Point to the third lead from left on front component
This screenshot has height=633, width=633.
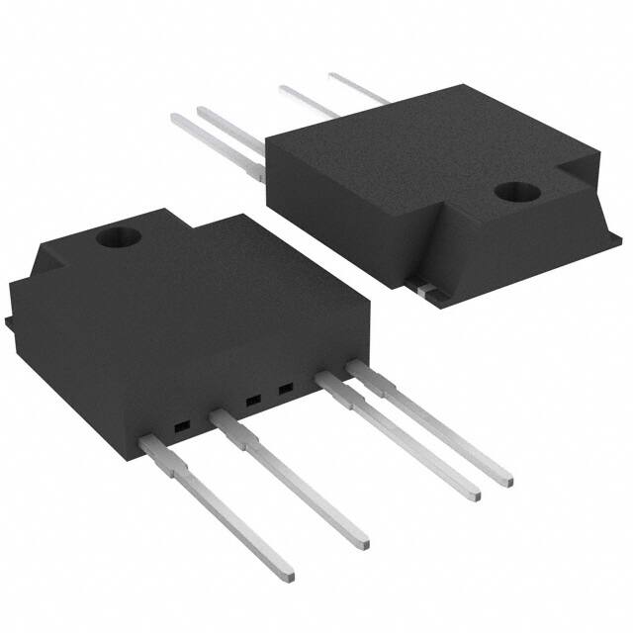point(401,439)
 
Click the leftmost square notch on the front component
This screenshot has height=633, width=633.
point(181,428)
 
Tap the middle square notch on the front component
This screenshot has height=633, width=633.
point(251,401)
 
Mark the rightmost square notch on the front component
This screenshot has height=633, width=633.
point(286,389)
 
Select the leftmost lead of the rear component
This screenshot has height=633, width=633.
point(213,144)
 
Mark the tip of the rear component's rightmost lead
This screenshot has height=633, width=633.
point(332,74)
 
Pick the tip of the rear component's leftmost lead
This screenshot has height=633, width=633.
point(175,119)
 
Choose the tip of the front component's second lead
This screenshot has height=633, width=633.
point(364,542)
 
